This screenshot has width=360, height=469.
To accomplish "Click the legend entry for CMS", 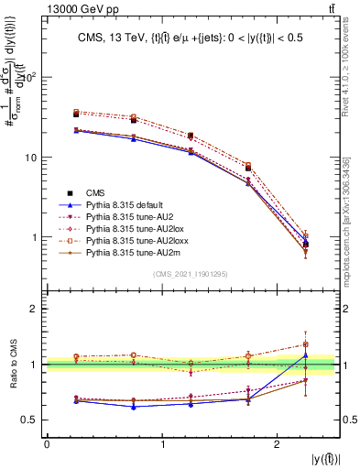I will click(96, 192).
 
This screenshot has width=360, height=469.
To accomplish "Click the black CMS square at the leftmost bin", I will click(76, 115).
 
